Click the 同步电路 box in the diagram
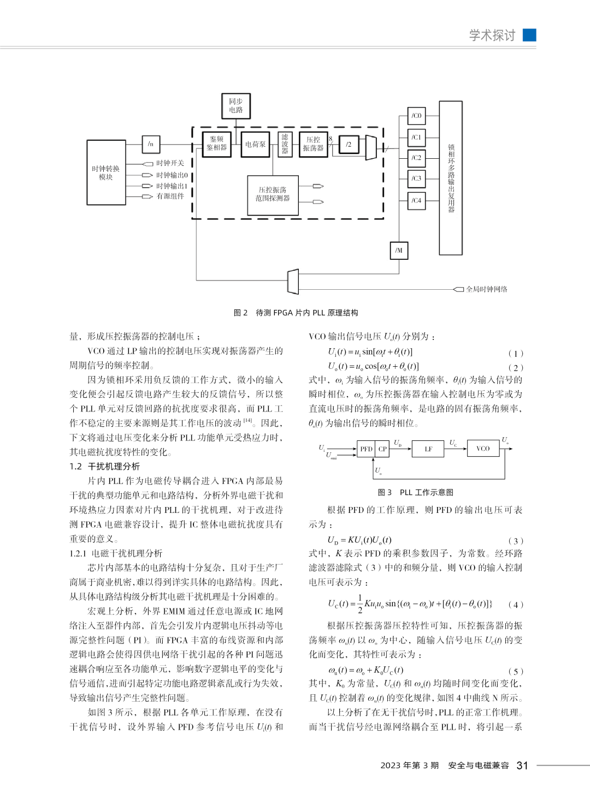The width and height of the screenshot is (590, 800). tap(236, 106)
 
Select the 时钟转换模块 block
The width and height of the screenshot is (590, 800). tap(106, 172)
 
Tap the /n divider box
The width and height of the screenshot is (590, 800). tap(151, 144)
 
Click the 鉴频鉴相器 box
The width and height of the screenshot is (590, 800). tap(217, 144)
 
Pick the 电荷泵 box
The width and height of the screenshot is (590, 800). tap(255, 145)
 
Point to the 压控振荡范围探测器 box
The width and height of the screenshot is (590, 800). tap(273, 195)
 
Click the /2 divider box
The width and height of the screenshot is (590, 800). tap(349, 145)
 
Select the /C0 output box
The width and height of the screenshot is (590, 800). tap(416, 116)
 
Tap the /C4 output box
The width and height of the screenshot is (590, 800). tap(416, 201)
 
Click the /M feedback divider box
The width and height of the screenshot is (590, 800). tap(399, 250)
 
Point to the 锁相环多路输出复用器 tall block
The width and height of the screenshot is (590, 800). tap(451, 178)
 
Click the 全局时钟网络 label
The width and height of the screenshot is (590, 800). tap(486, 289)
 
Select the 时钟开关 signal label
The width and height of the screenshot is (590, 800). tap(170, 163)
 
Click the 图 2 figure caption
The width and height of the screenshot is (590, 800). tap(296, 313)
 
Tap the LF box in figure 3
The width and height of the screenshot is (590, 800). tap(428, 449)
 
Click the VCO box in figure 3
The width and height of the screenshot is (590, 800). tap(483, 449)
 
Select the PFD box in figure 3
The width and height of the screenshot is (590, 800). tap(365, 449)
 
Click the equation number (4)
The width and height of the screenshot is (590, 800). tap(516, 604)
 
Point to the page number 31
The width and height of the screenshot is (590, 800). tap(522, 766)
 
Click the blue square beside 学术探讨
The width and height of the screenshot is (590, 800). tap(529, 35)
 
